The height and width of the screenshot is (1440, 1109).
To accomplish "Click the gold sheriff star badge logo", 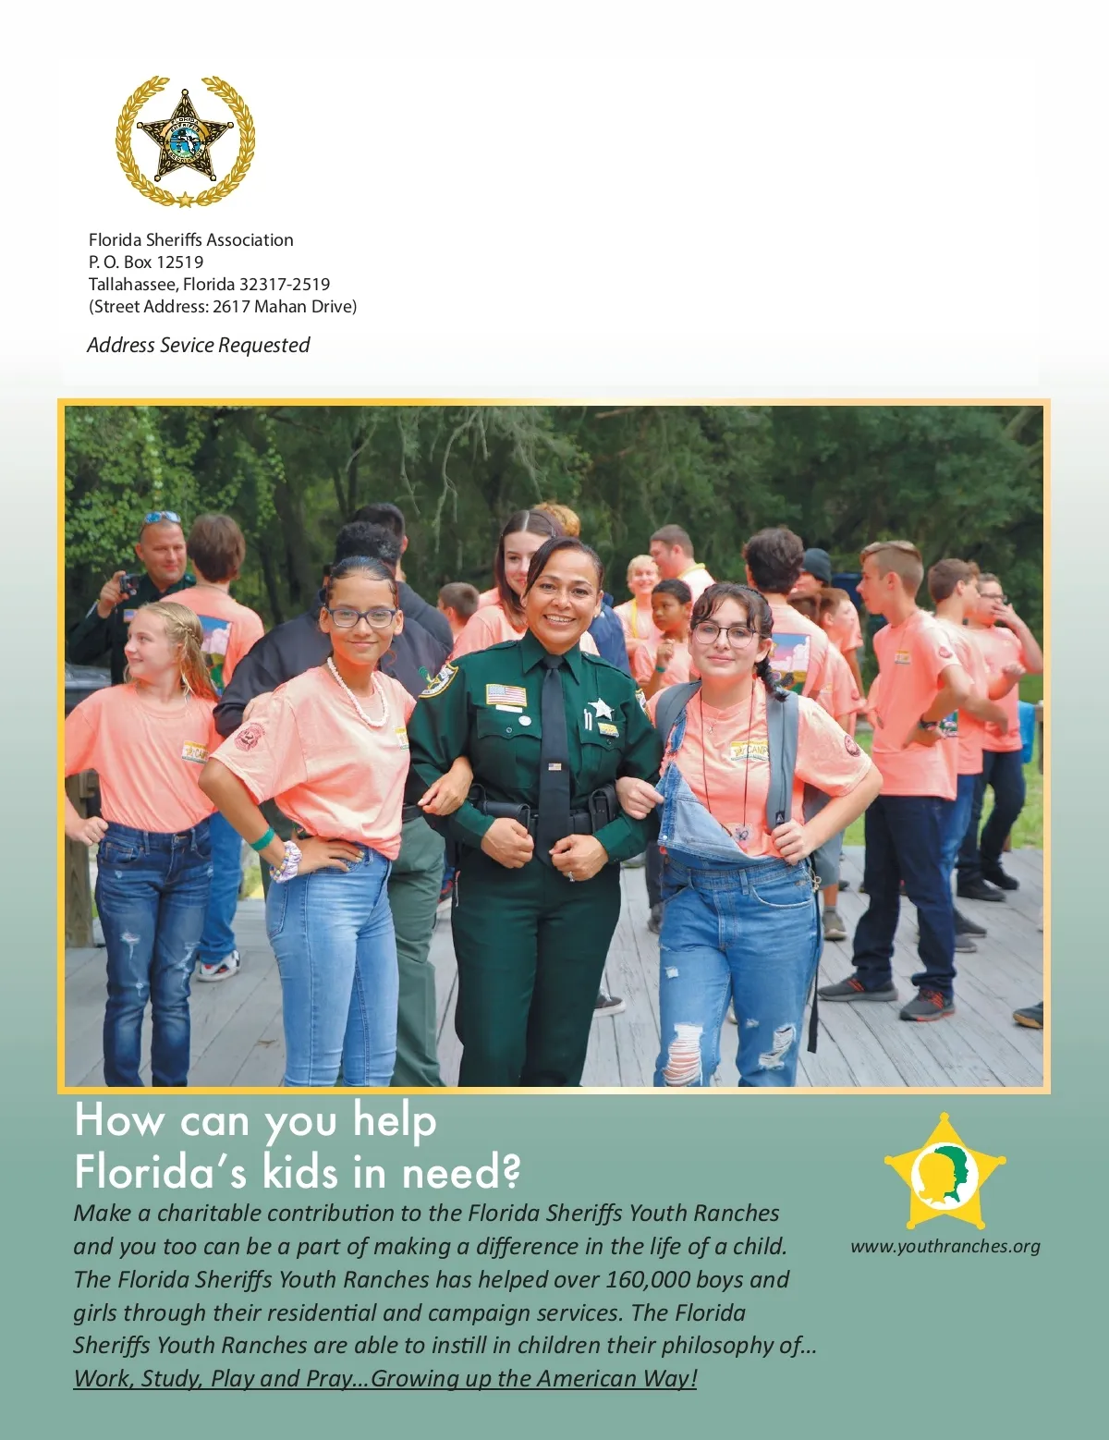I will point(185,141).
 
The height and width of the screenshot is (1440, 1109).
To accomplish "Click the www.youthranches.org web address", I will point(944,1246).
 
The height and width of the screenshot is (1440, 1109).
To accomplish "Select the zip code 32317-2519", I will point(284,284).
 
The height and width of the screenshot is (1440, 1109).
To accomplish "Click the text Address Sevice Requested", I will point(198,345).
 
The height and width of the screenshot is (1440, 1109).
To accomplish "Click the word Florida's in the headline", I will point(161,1172).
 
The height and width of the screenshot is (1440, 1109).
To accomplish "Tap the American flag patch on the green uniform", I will point(506,694).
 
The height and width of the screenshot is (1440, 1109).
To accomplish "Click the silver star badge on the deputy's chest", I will point(601,708).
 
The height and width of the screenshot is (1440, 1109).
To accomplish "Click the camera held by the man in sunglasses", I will point(128,584).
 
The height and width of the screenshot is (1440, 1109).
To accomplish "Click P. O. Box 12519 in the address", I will point(145,262).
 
